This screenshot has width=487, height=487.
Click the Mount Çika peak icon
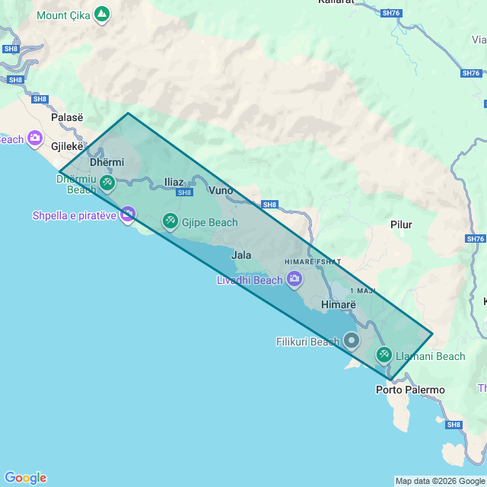[x=102, y=14]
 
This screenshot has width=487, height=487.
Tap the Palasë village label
[x=67, y=117]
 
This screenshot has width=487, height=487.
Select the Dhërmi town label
[x=107, y=162]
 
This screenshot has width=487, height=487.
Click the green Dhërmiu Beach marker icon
[x=107, y=183]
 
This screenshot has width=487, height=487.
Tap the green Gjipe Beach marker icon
[x=170, y=222]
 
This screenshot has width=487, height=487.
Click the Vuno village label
[x=221, y=189]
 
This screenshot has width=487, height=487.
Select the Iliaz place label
[x=173, y=182]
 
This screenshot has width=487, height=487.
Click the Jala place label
[x=241, y=255]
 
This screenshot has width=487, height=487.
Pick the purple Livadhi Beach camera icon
[x=294, y=280]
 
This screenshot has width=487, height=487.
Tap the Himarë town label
[x=339, y=304]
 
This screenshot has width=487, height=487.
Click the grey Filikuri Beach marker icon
[x=351, y=340]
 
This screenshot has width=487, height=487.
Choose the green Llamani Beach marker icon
[x=384, y=355]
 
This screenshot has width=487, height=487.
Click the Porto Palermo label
[x=410, y=390]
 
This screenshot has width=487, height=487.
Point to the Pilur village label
[x=401, y=224]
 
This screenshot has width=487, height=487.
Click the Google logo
[x=25, y=478]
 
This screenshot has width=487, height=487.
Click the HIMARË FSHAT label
[x=313, y=262]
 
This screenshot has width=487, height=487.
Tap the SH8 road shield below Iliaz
[x=184, y=193]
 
